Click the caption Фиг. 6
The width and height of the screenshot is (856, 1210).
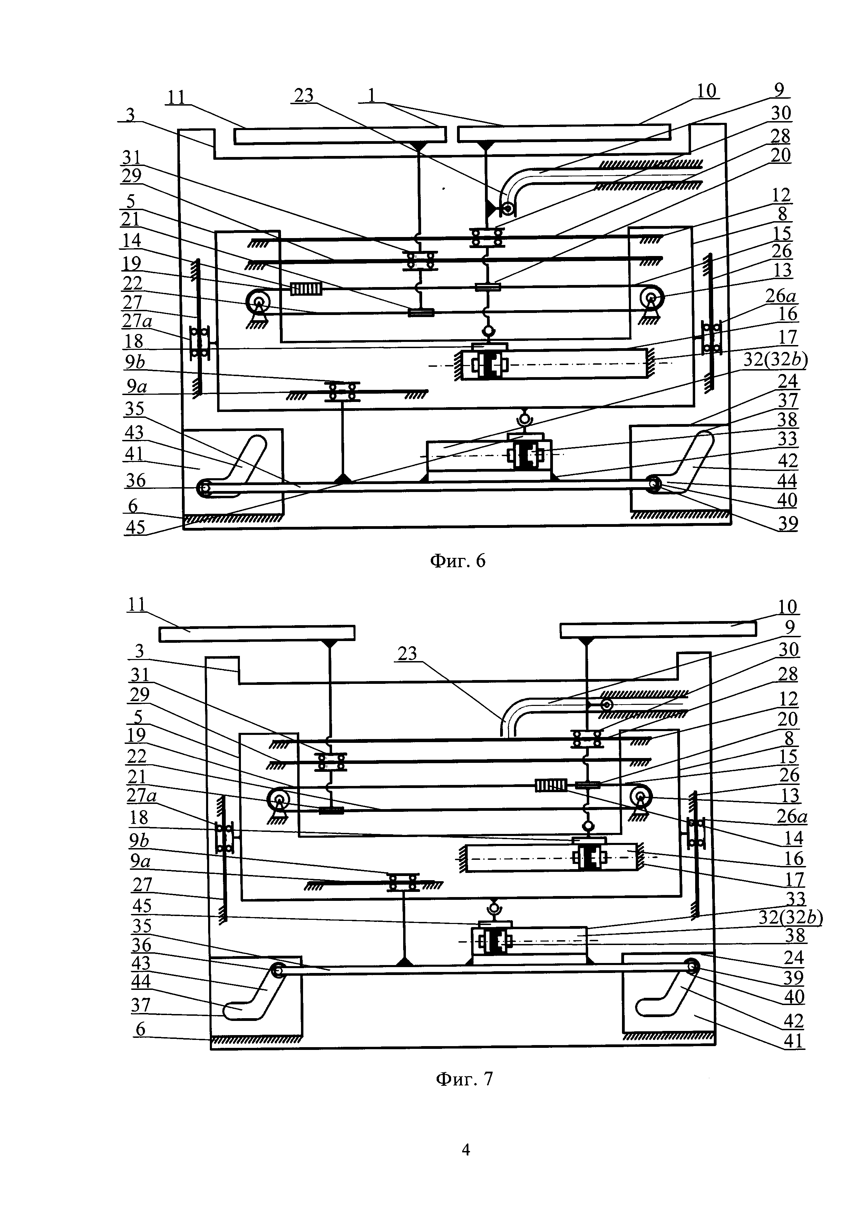458,561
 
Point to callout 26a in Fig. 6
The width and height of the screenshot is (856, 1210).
781,296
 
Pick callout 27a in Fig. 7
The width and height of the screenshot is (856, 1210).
141,795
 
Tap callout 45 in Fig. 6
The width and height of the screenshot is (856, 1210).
135,527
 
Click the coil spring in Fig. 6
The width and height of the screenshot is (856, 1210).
306,288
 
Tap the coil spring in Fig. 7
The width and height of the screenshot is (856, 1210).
551,786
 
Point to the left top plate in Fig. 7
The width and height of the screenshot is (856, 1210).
257,633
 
